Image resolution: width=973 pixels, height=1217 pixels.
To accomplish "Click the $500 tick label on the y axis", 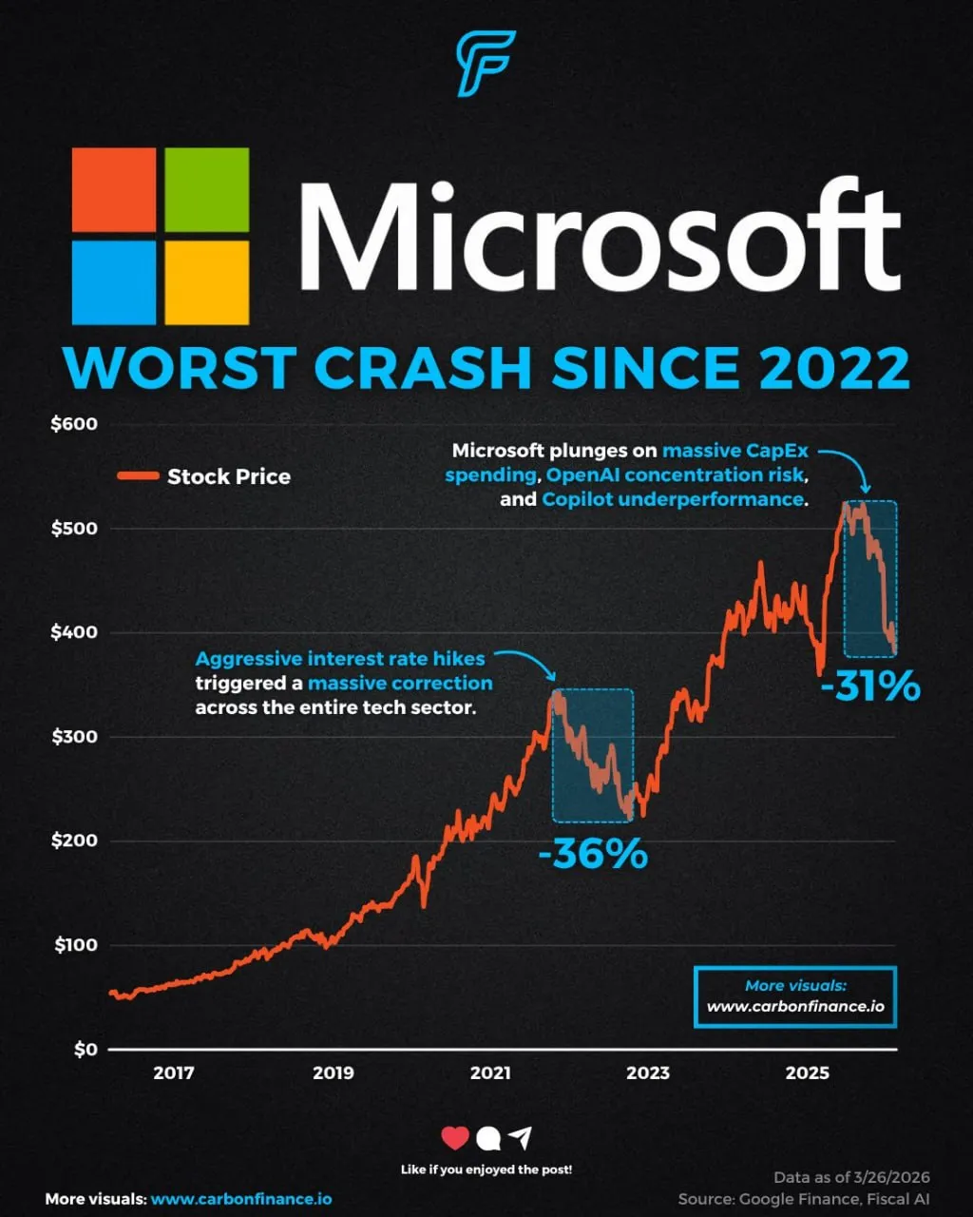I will [x=73, y=529].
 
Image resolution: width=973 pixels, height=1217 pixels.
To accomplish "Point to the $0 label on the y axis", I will [x=85, y=1050].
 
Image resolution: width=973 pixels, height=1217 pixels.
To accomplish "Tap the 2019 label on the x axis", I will [x=333, y=1073].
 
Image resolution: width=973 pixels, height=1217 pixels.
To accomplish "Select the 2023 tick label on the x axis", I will [x=648, y=1073].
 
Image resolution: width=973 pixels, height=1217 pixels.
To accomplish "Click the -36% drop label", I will [x=592, y=854].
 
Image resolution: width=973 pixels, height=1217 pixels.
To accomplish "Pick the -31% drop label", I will [x=869, y=686].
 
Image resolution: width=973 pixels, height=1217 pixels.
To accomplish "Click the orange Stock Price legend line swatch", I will [x=137, y=476].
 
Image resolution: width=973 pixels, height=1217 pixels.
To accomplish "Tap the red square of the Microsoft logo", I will [x=113, y=189].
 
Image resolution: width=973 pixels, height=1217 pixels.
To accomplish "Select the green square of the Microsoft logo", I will [x=207, y=189].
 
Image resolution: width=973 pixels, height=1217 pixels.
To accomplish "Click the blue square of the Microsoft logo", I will [x=113, y=282].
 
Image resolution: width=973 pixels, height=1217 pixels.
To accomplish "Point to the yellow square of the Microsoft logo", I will [x=207, y=282].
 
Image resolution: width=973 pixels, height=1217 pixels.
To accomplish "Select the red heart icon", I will [x=455, y=1137].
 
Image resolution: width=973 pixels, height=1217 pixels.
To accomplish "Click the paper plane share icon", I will [x=519, y=1137].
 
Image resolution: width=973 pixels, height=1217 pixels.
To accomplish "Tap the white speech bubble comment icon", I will [x=486, y=1138].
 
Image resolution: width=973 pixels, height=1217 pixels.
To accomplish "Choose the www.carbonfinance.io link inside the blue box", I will [x=795, y=1006].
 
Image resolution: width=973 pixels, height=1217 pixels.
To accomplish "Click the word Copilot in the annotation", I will [x=581, y=499].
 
